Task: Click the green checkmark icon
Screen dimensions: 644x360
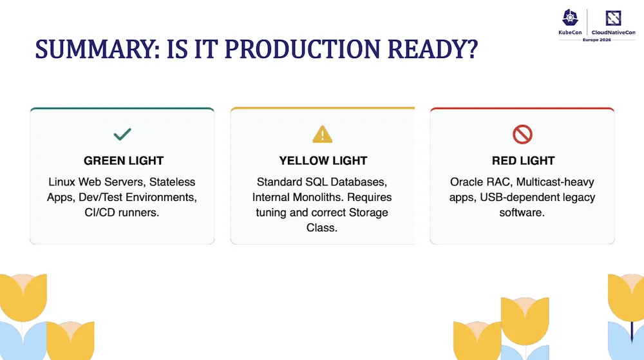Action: [x=122, y=134]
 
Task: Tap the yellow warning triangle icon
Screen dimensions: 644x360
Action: [x=323, y=134]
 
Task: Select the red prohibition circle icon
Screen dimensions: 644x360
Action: [x=522, y=134]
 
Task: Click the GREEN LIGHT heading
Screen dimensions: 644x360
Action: [x=124, y=160]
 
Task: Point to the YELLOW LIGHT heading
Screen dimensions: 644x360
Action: [x=323, y=160]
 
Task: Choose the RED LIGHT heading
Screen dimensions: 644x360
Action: [x=523, y=160]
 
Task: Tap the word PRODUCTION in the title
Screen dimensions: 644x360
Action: [x=303, y=49]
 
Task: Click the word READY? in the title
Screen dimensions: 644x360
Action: [x=433, y=49]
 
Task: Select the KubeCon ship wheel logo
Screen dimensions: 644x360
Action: [x=570, y=18]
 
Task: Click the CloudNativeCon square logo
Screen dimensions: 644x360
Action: [x=613, y=18]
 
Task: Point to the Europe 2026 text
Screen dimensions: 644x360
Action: [x=597, y=40]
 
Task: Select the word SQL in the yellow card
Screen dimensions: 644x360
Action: [x=316, y=182]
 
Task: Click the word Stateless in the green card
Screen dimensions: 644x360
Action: [x=172, y=182]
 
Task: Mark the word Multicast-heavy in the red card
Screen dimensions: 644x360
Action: [x=555, y=182]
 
